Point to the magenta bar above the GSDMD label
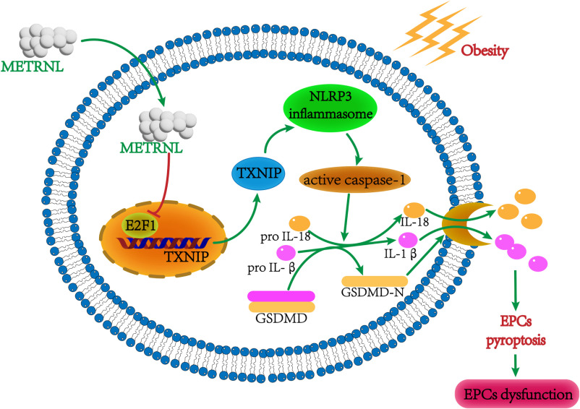tap(281, 295)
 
